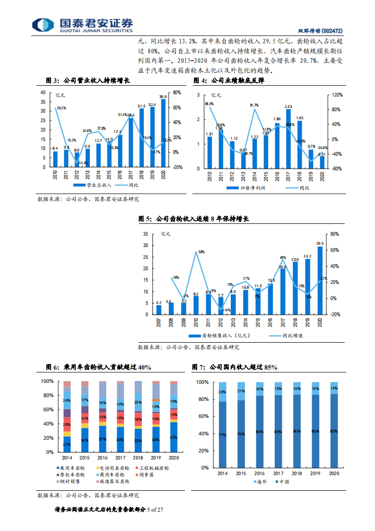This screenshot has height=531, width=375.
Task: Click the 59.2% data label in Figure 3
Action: click(x=61, y=108)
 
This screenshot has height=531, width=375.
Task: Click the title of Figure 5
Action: click(x=193, y=219)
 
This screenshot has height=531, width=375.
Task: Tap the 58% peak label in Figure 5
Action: click(x=201, y=252)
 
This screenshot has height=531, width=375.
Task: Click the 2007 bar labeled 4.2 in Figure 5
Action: click(x=159, y=310)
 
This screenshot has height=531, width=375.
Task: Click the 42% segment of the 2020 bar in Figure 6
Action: click(x=174, y=437)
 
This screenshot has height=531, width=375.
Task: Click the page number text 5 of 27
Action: click(x=155, y=510)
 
